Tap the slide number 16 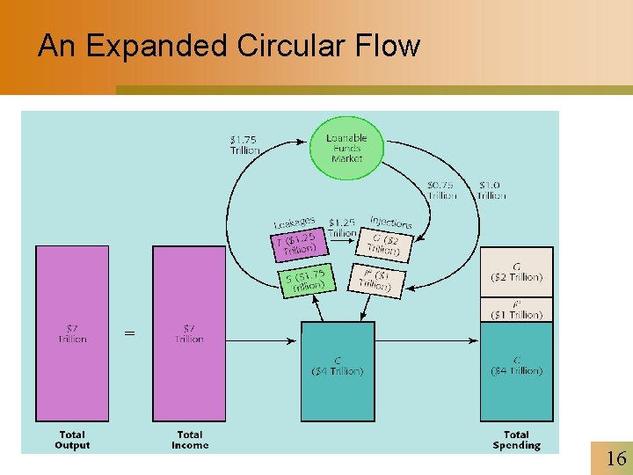615,457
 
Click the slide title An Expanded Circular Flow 229,46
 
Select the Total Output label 72,440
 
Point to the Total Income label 190,440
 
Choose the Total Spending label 516,440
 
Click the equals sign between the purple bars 130,333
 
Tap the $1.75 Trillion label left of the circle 245,145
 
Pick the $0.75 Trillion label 442,190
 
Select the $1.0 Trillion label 491,190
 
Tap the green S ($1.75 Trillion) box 306,281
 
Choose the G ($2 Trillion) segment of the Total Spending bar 516,271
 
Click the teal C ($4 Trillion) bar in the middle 338,370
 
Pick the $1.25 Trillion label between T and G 342,228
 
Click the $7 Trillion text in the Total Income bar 189,332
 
